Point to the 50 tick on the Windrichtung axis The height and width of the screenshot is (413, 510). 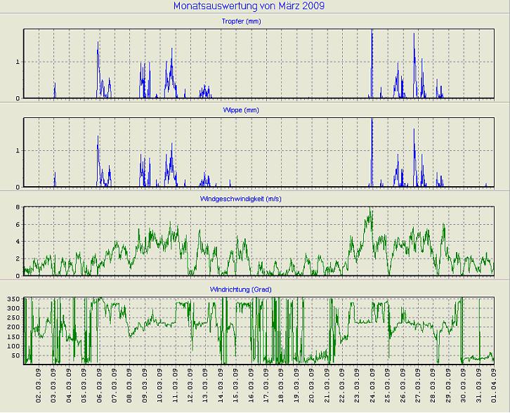point(16,355)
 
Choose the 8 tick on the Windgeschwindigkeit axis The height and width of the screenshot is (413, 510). point(19,207)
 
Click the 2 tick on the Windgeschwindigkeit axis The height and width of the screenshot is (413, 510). point(19,258)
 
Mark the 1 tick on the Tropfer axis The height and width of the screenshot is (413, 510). point(19,62)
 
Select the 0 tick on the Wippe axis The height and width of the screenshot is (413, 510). point(19,187)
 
